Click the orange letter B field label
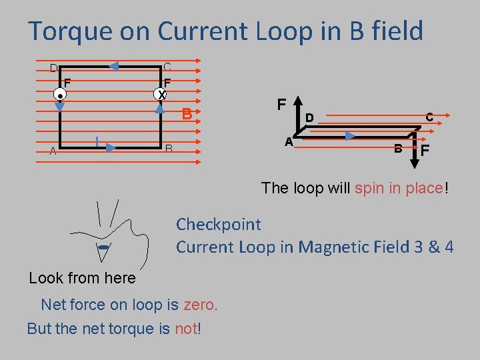[x=187, y=115]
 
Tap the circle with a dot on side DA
[x=60, y=95]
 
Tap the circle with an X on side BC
[x=161, y=95]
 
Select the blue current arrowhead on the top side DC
[x=113, y=66]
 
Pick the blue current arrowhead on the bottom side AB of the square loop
[x=110, y=147]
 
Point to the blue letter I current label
[x=97, y=141]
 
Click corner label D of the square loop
[x=53, y=68]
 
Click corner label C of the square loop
[x=167, y=67]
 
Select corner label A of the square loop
[x=53, y=151]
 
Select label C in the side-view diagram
[x=429, y=117]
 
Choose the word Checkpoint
[x=219, y=225]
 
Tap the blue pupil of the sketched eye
[x=103, y=249]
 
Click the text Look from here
[x=83, y=278]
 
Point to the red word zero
[x=200, y=305]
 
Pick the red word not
[x=186, y=329]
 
